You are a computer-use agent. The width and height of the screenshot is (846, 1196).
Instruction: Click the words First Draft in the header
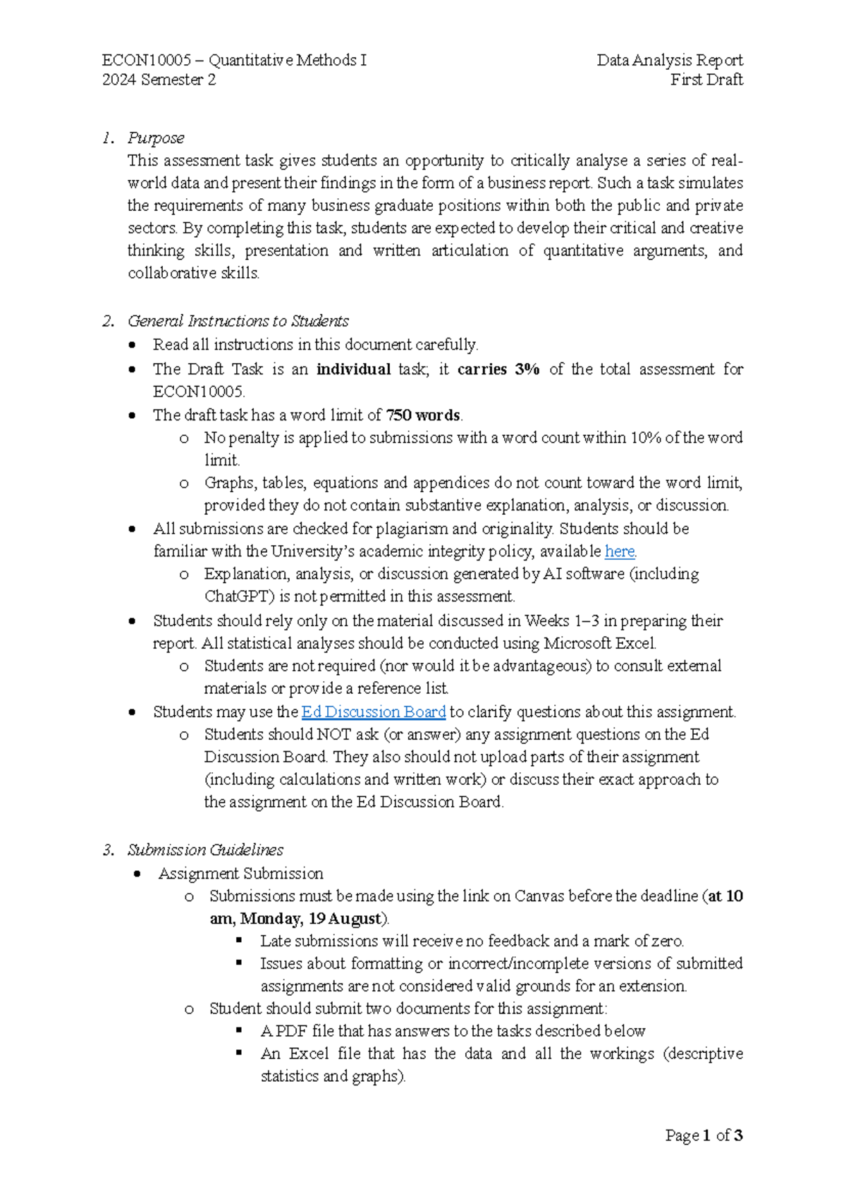(706, 80)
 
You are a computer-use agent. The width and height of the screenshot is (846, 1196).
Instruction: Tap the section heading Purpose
(156, 138)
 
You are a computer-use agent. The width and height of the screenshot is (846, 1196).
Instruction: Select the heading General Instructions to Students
(238, 321)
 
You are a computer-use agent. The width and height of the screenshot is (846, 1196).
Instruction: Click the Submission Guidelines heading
(205, 850)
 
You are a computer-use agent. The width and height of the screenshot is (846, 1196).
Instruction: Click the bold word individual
(353, 369)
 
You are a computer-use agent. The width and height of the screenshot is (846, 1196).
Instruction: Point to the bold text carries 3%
(498, 369)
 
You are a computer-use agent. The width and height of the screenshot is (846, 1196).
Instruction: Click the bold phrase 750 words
(423, 415)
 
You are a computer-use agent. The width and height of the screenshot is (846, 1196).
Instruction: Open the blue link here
(620, 551)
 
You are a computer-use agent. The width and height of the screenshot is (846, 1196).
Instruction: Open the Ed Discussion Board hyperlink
(374, 712)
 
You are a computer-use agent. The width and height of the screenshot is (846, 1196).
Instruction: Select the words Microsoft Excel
(599, 643)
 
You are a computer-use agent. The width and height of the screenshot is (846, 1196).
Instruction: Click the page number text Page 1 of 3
(704, 1135)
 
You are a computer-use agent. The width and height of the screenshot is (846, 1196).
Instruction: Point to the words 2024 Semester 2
(159, 80)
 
